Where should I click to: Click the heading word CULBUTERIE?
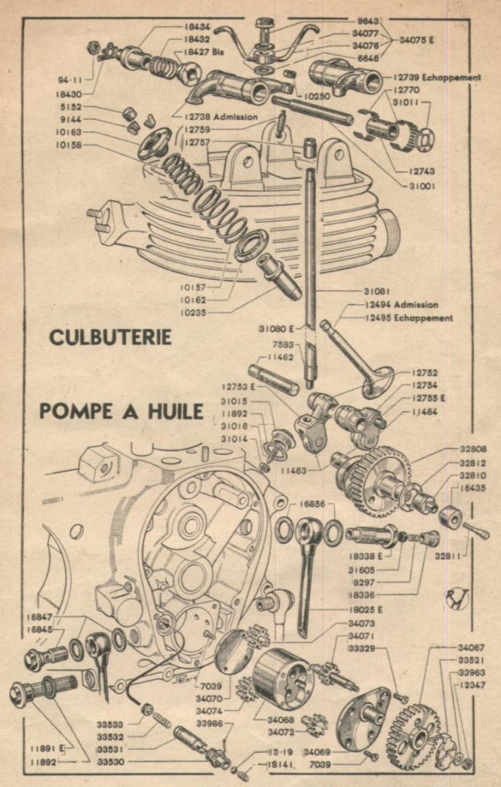pyautogui.click(x=110, y=337)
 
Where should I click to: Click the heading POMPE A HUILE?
pyautogui.click(x=121, y=411)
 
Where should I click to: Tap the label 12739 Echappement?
pyautogui.click(x=438, y=78)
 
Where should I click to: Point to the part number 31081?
pyautogui.click(x=378, y=291)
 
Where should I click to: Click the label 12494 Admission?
pyautogui.click(x=402, y=305)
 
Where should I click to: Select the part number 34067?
pyautogui.click(x=472, y=648)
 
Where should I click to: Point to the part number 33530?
pyautogui.click(x=113, y=762)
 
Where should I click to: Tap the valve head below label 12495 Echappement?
pyautogui.click(x=377, y=381)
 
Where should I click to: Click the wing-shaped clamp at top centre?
pyautogui.click(x=266, y=42)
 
